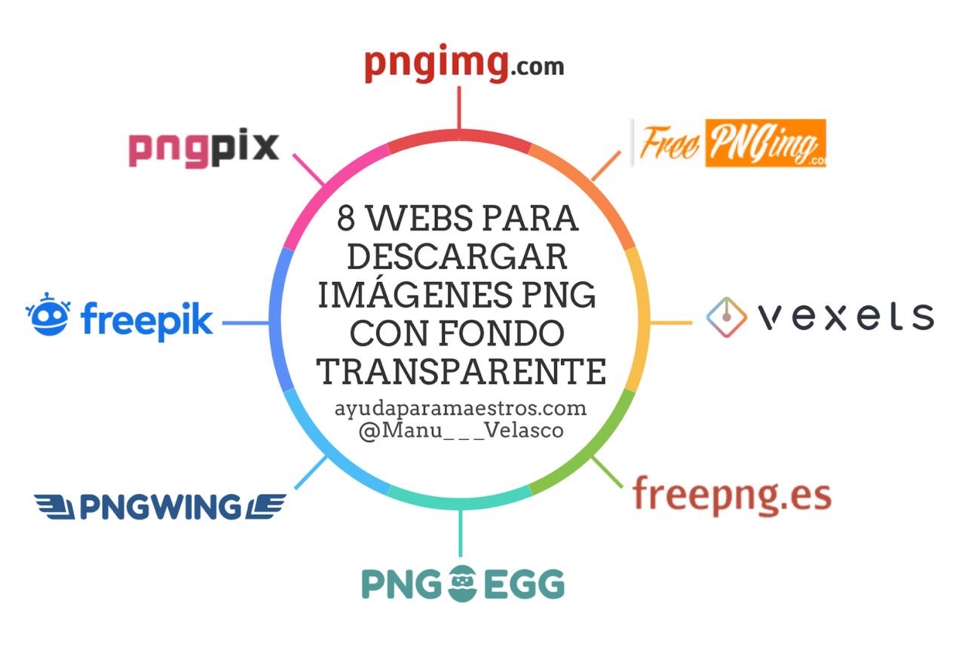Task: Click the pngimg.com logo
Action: point(464,65)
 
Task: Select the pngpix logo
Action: point(204,148)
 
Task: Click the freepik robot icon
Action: point(47,314)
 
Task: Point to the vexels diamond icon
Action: point(726,317)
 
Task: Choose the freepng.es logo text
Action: point(731,495)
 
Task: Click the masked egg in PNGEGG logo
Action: point(464,584)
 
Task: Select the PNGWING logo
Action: point(160,507)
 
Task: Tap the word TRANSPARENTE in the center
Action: point(461,371)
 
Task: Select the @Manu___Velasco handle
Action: point(461,433)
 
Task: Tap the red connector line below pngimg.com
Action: point(459,109)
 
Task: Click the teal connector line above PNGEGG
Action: point(460,532)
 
